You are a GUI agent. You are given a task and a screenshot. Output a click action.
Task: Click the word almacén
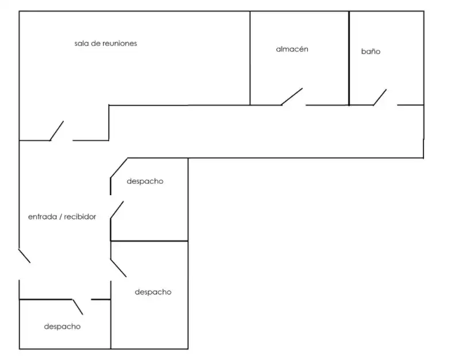(292, 49)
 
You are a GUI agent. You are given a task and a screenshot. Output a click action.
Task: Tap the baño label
(371, 51)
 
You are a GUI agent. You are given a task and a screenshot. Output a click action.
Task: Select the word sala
(81, 44)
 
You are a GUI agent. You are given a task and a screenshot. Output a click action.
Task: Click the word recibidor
(80, 216)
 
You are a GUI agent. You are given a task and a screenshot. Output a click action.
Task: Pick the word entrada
(43, 216)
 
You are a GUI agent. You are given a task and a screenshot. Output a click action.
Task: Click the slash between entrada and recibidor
(60, 216)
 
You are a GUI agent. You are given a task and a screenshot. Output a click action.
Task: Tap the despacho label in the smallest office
(62, 327)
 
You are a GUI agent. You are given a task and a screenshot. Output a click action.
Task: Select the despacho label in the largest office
(153, 292)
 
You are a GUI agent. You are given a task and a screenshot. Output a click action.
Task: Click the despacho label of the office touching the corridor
(145, 181)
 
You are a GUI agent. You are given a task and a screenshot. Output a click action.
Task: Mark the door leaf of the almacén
(292, 96)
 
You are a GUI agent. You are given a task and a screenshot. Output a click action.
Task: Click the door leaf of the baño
(380, 97)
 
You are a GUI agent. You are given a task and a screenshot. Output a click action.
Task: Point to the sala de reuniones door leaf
(56, 131)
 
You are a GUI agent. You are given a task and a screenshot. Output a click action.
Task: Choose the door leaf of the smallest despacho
(78, 307)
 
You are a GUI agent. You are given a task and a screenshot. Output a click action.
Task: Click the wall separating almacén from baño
(349, 58)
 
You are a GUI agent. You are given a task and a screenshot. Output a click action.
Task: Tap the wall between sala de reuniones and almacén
(250, 58)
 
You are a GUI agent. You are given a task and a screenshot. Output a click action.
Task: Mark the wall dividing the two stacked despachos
(149, 241)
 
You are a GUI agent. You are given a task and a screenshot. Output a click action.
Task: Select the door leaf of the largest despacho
(118, 268)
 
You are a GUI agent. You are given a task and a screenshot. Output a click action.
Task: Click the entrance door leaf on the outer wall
(24, 256)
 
